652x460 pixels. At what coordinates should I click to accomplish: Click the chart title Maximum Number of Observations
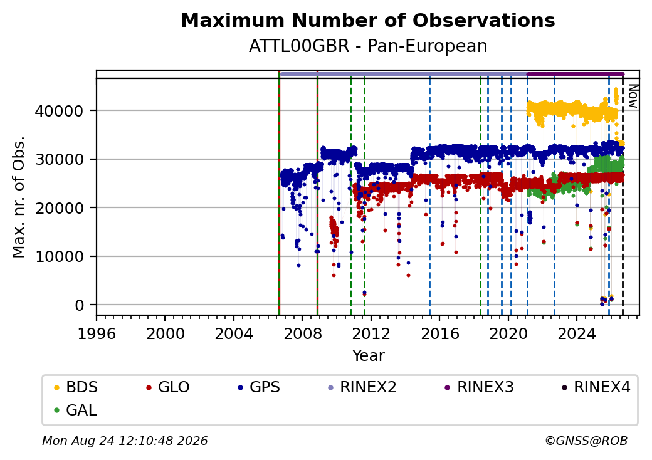tap(368, 20)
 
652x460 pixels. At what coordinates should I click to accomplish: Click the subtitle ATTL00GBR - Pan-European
tap(368, 46)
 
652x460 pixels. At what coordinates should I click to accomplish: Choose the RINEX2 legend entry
tap(362, 387)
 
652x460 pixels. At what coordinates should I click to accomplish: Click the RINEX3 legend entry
tap(479, 387)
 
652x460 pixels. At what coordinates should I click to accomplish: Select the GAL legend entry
tap(75, 410)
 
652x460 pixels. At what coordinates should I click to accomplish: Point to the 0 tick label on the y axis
tap(80, 305)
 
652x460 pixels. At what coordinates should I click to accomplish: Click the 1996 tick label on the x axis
tap(97, 333)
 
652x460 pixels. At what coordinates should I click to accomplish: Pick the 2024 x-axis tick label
tap(577, 333)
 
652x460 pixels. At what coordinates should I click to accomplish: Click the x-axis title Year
tap(369, 356)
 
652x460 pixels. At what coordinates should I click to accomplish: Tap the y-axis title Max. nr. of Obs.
tap(19, 197)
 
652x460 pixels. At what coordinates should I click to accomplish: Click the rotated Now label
tap(633, 96)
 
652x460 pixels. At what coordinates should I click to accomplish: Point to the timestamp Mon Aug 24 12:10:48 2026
tap(125, 441)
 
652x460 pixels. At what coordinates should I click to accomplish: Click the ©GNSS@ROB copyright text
tap(586, 441)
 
